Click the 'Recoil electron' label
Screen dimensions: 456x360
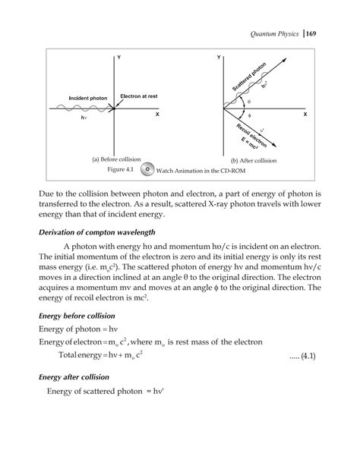[x=248, y=135]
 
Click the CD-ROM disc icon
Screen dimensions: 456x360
[x=149, y=170]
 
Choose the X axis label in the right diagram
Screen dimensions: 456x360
[x=305, y=114]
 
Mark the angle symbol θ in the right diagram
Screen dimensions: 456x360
[x=248, y=102]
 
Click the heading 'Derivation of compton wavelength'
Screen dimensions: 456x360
[x=96, y=231]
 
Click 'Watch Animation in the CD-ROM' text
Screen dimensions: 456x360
[x=205, y=171]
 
